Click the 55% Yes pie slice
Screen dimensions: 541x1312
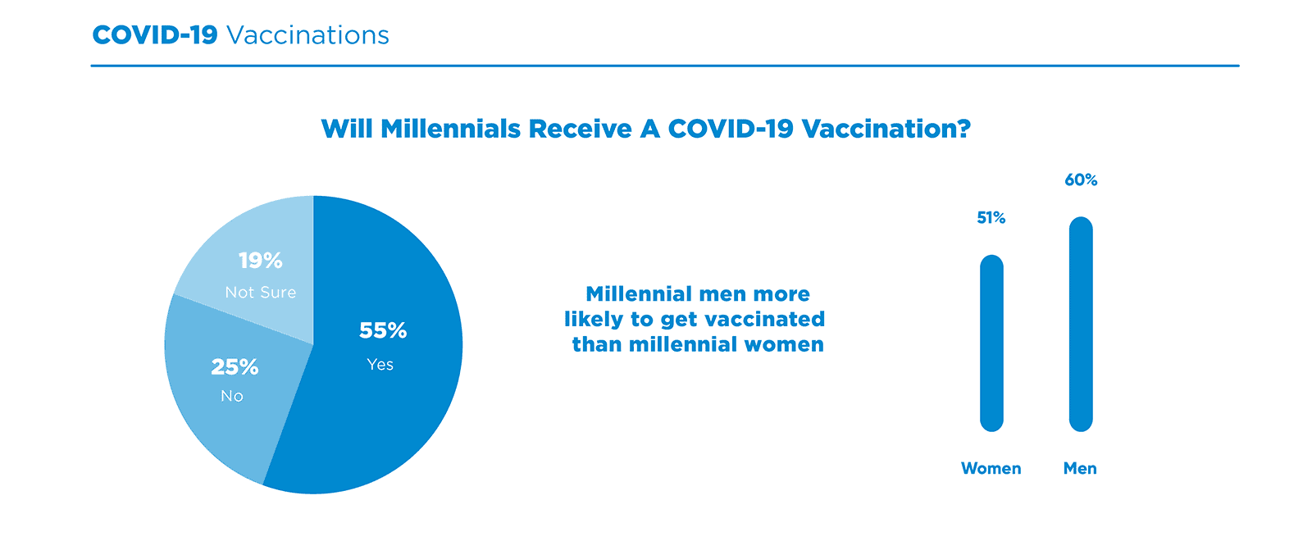click(x=394, y=410)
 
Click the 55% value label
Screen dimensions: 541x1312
click(x=383, y=330)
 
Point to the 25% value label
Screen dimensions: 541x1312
click(x=235, y=366)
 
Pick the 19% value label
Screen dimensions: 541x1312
click(x=260, y=261)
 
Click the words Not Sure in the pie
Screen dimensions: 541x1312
click(x=260, y=293)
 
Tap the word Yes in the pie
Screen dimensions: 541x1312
click(x=380, y=365)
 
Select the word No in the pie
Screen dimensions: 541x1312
click(x=231, y=397)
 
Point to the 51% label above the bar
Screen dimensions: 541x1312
click(x=991, y=218)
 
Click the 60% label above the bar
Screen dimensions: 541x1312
click(x=1081, y=180)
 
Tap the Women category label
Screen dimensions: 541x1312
click(x=991, y=469)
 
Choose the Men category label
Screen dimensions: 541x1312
click(x=1080, y=469)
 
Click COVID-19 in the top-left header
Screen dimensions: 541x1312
click(x=154, y=35)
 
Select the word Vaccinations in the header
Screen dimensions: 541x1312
click(x=307, y=35)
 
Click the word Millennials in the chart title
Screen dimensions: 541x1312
click(x=450, y=130)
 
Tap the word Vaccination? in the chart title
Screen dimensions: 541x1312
click(x=886, y=130)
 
